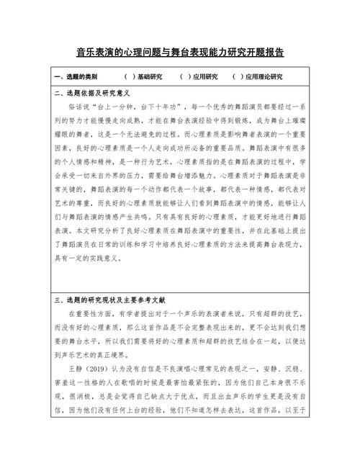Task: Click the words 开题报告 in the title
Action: [x=264, y=53]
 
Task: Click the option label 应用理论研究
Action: [x=264, y=76]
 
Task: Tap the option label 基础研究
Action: [x=150, y=76]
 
